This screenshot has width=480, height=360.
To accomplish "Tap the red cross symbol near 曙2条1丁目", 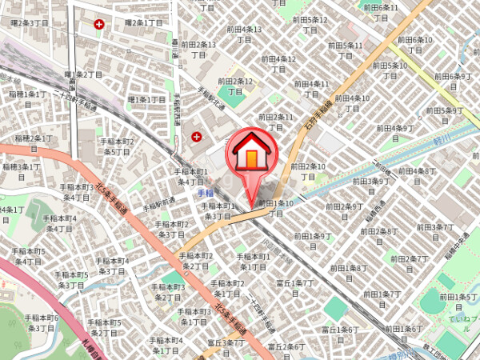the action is (x=99, y=25).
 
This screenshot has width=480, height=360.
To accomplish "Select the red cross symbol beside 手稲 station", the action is (x=196, y=138).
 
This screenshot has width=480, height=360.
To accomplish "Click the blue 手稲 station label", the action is (x=206, y=193).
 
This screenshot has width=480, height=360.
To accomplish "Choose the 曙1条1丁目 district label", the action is (x=146, y=99).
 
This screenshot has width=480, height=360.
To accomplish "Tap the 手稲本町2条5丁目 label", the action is (x=117, y=146).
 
